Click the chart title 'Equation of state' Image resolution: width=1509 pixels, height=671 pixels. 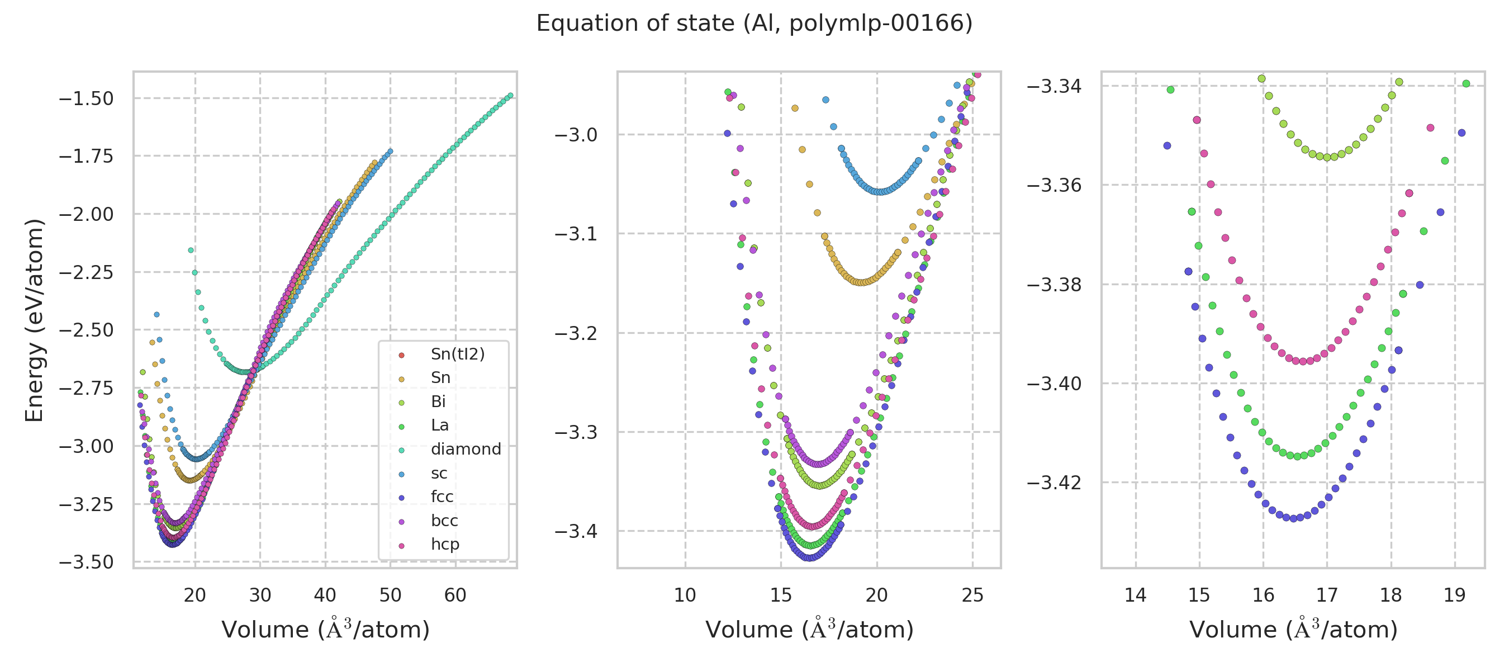[754, 23]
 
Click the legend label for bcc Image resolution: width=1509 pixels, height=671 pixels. [444, 521]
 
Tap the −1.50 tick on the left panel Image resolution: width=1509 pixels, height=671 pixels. [86, 98]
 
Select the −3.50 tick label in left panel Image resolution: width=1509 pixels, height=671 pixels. [86, 562]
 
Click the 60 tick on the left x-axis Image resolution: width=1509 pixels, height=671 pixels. [455, 596]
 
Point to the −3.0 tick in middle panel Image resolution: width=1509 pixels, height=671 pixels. [576, 135]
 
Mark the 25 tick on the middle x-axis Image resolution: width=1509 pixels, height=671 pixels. [972, 596]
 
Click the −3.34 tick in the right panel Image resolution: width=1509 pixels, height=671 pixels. [1054, 86]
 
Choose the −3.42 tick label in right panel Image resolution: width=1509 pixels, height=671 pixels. [1054, 483]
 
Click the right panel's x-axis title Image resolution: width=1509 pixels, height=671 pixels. [1293, 630]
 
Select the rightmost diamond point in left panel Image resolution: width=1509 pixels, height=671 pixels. [510, 96]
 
